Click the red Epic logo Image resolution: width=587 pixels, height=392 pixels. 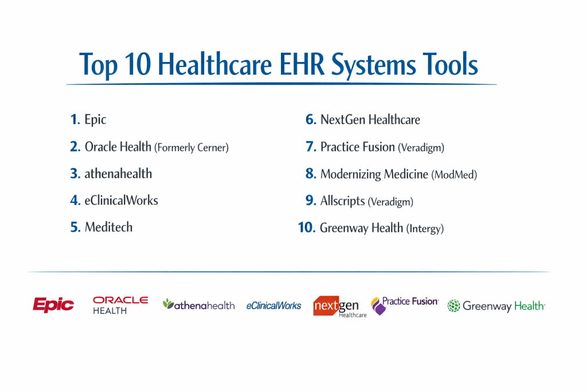click(x=53, y=305)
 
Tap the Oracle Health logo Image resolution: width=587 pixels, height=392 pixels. click(x=120, y=305)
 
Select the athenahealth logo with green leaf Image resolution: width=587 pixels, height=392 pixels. click(x=198, y=305)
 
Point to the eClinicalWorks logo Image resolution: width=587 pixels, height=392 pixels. click(x=273, y=306)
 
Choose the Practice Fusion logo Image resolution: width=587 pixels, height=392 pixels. click(x=404, y=305)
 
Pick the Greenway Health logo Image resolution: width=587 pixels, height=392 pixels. click(x=496, y=306)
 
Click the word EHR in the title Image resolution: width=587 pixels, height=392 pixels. click(x=302, y=64)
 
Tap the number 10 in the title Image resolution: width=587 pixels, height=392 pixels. click(x=138, y=64)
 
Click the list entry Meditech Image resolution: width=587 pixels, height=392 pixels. click(x=108, y=227)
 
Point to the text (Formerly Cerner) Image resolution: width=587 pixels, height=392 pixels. click(x=191, y=148)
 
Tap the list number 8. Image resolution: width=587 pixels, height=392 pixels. click(x=311, y=173)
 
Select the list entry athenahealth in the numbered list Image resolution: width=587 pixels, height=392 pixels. click(x=118, y=173)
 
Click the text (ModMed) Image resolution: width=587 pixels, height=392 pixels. click(x=454, y=174)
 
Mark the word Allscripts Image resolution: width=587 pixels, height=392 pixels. click(x=343, y=201)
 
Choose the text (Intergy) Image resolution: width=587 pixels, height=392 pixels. click(x=425, y=228)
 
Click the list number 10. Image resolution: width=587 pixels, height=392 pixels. click(x=307, y=227)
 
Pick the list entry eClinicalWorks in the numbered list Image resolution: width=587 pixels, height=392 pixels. click(x=122, y=200)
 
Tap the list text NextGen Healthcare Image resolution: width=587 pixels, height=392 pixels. click(x=370, y=119)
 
